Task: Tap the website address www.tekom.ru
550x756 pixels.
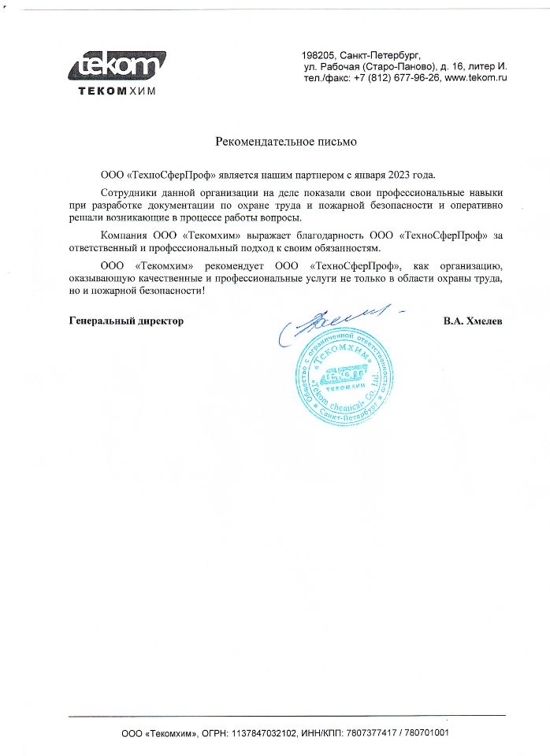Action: tap(475, 79)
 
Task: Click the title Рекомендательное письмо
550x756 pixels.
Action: tap(287, 143)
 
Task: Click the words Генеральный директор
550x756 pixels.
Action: tap(126, 321)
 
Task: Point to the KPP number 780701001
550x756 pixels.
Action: tap(426, 732)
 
